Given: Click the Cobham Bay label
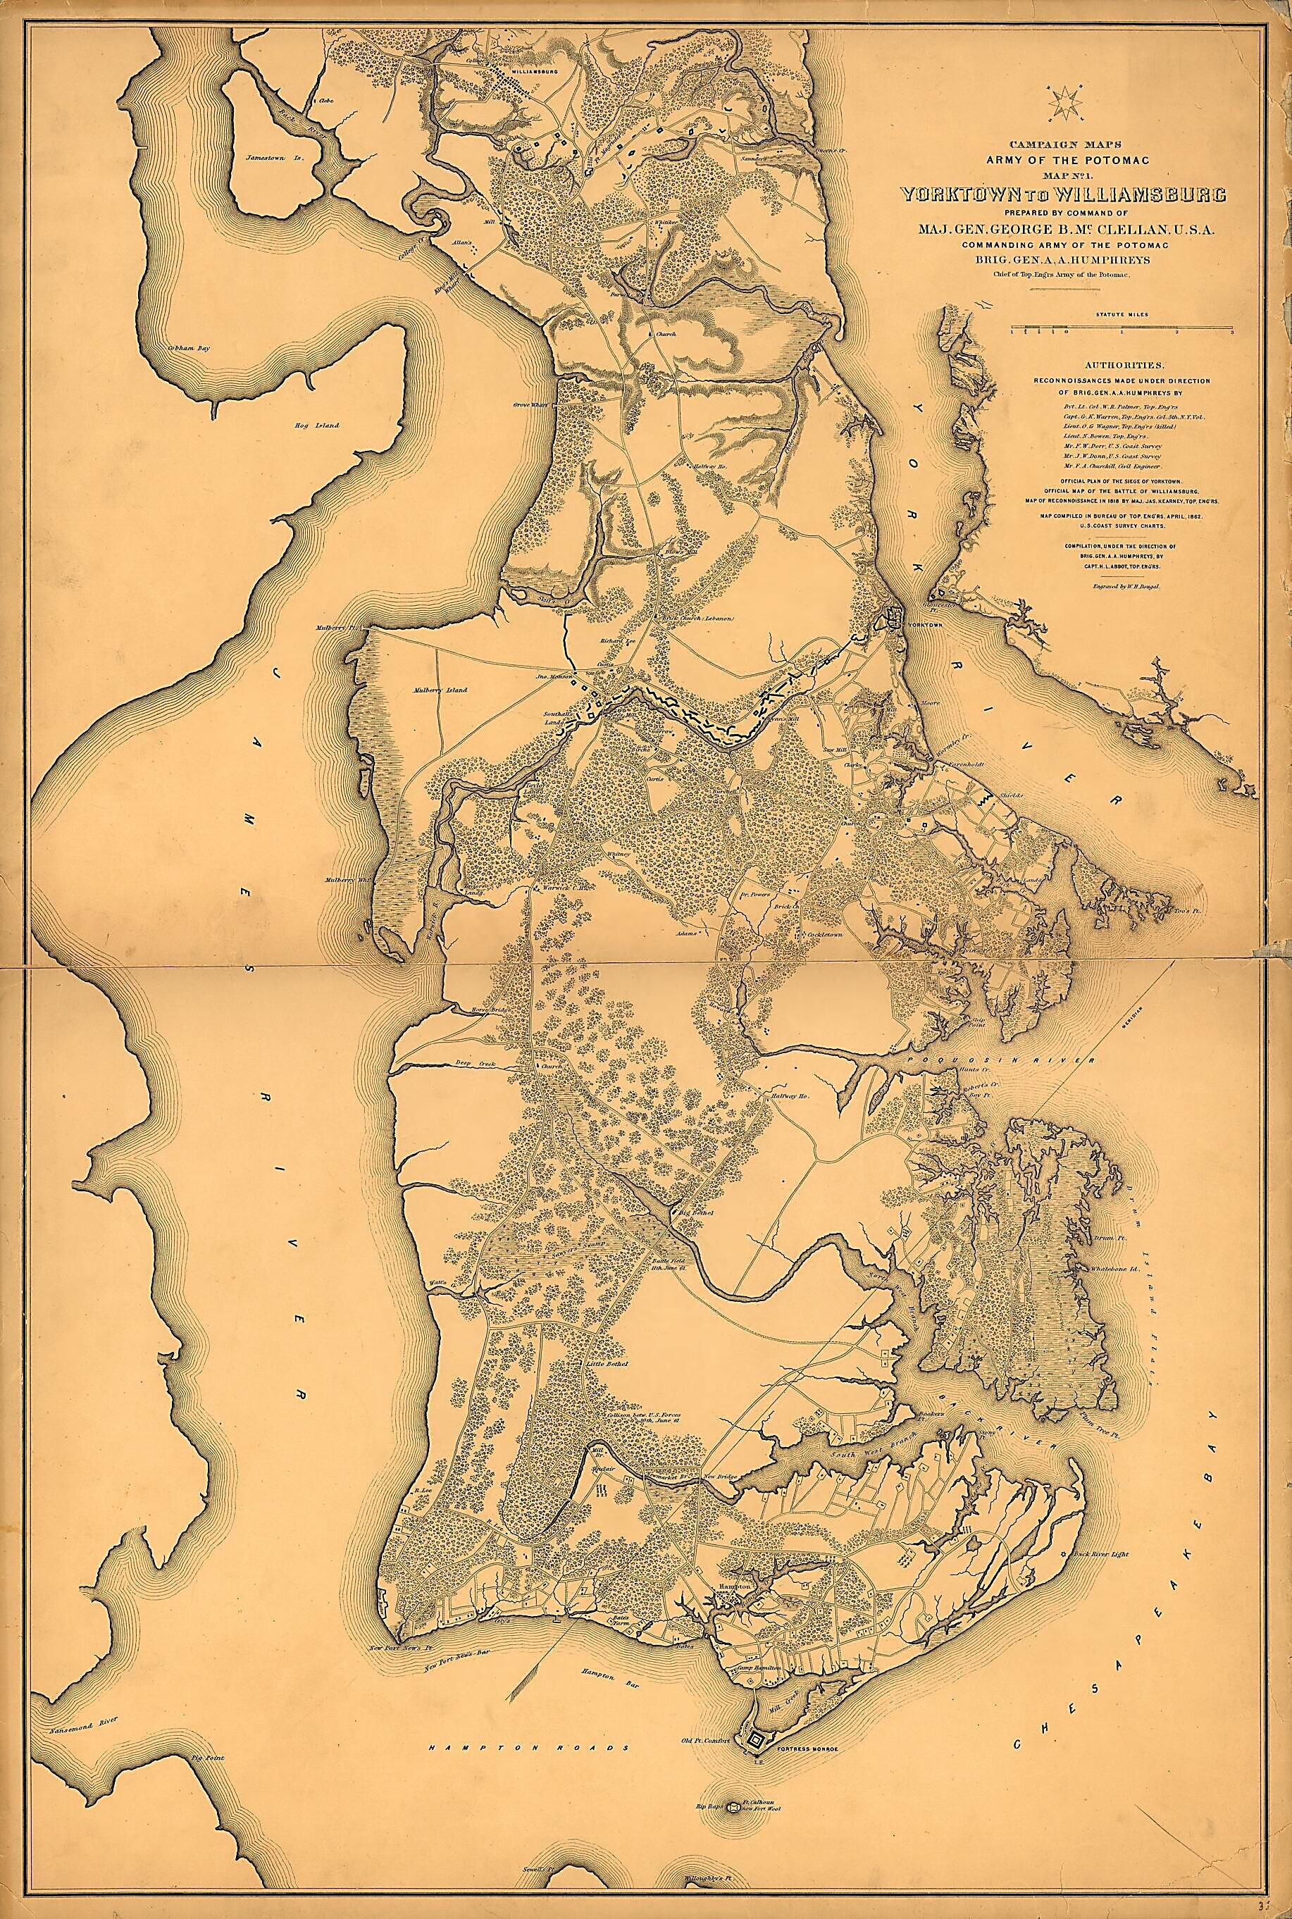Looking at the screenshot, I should tap(188, 349).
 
